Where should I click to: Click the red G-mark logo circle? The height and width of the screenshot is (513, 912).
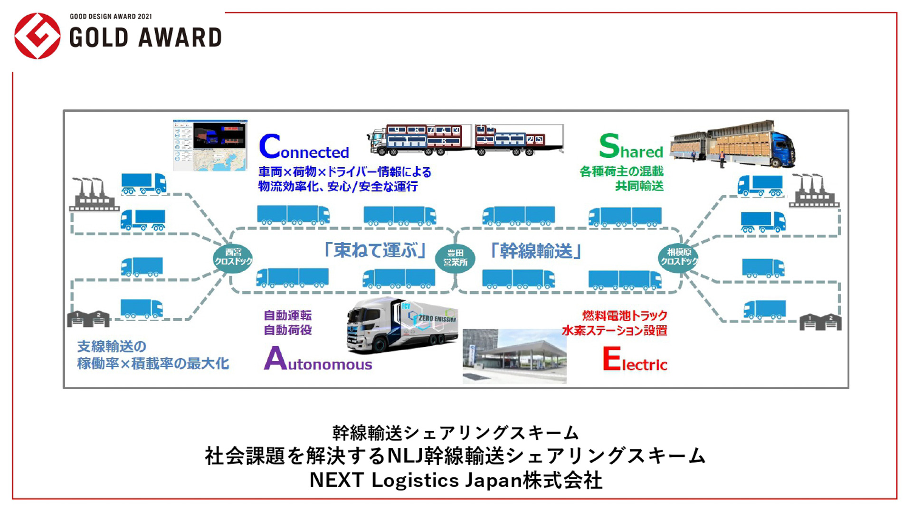(37, 36)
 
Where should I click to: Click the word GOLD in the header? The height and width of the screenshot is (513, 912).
(99, 38)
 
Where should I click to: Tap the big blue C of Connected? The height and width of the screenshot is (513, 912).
(269, 146)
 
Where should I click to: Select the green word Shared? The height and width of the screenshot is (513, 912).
(631, 147)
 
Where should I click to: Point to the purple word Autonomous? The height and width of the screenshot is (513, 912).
(318, 360)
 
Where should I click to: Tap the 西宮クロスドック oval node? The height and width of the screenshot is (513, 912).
(233, 257)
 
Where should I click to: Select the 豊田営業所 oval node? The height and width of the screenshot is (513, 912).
(455, 257)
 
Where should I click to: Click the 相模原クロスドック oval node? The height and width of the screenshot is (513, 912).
(678, 257)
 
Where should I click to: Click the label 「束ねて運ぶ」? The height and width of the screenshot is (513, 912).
(375, 250)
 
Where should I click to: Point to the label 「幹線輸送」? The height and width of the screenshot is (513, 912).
(536, 251)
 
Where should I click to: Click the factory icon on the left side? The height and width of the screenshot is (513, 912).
(93, 195)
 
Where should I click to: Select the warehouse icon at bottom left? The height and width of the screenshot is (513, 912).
(88, 319)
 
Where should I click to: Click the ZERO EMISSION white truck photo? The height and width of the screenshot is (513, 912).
(402, 325)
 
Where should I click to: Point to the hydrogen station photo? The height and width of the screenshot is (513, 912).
(514, 356)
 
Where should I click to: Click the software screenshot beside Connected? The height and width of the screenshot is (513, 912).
(210, 145)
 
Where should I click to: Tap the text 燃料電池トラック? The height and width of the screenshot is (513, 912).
(624, 315)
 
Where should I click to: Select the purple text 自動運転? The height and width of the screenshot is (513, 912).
(287, 315)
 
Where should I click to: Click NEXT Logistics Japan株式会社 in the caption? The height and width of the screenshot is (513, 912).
(456, 480)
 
